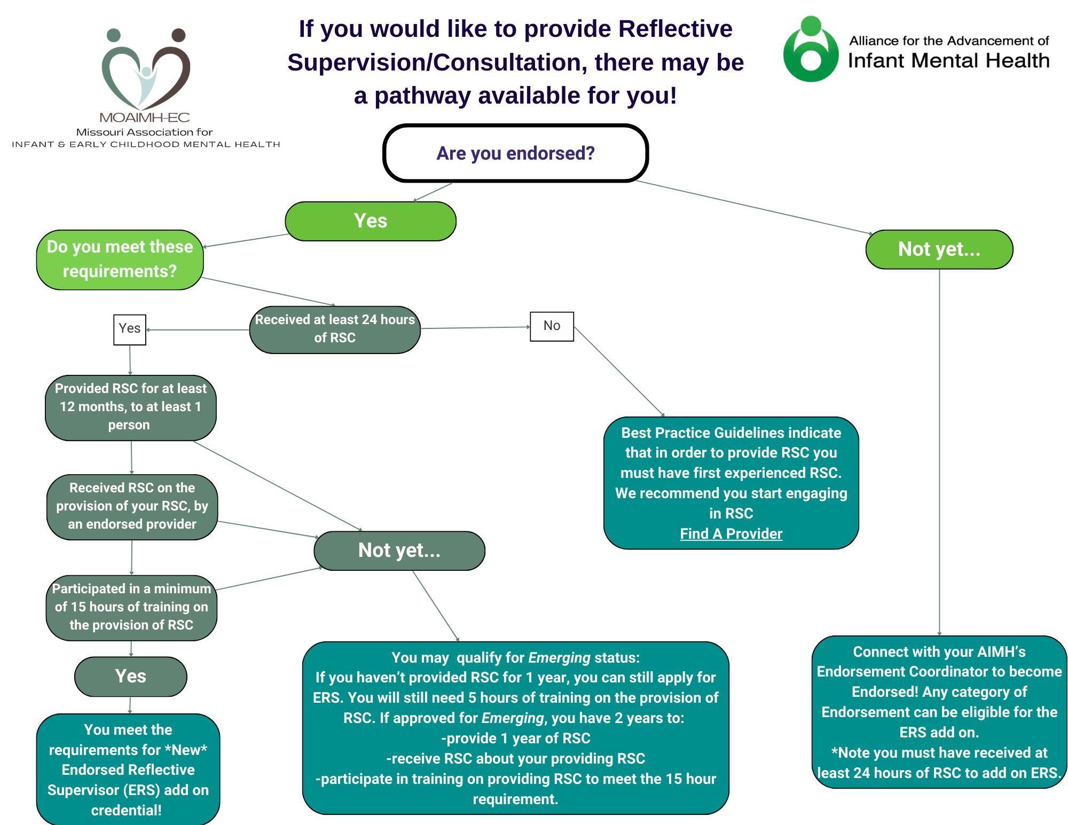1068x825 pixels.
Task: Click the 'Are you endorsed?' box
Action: point(515,153)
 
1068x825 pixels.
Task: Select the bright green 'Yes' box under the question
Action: point(371,221)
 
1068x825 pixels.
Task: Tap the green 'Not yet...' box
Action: point(939,249)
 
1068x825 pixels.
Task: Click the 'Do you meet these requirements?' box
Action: point(120,260)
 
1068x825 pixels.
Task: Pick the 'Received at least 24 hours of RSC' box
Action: point(335,329)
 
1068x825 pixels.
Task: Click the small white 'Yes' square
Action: point(130,329)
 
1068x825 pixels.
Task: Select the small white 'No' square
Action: point(552,326)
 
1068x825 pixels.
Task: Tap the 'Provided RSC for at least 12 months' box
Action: point(131,407)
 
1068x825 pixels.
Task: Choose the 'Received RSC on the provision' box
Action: point(132,506)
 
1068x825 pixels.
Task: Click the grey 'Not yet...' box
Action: point(399,551)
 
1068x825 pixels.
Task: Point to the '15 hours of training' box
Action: point(131,607)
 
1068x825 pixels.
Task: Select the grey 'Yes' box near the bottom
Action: point(131,677)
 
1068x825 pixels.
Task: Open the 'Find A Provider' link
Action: point(731,534)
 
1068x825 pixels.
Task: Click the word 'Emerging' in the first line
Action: point(559,658)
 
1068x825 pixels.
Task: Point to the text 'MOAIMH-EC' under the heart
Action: point(145,117)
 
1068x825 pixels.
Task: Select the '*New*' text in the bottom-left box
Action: point(186,750)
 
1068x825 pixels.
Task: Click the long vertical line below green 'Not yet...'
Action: point(939,454)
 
